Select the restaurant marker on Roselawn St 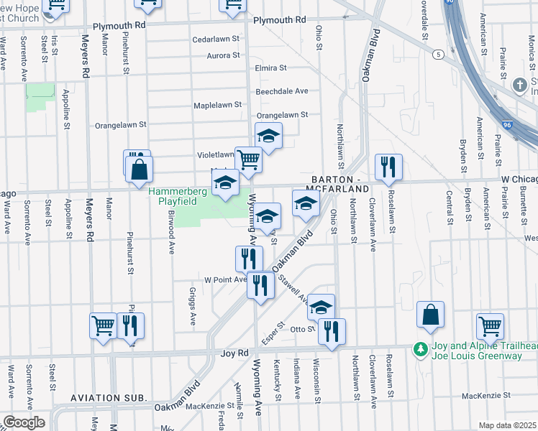[388, 167]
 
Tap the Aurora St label [223, 55]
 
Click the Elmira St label [271, 68]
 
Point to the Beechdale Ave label [282, 91]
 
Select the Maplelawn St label [217, 105]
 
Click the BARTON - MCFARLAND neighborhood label [340, 183]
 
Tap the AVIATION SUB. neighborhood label [109, 397]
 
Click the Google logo [23, 422]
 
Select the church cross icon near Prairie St [519, 85]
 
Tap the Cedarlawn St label [216, 40]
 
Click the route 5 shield [437, 54]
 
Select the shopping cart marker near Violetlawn [248, 160]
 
